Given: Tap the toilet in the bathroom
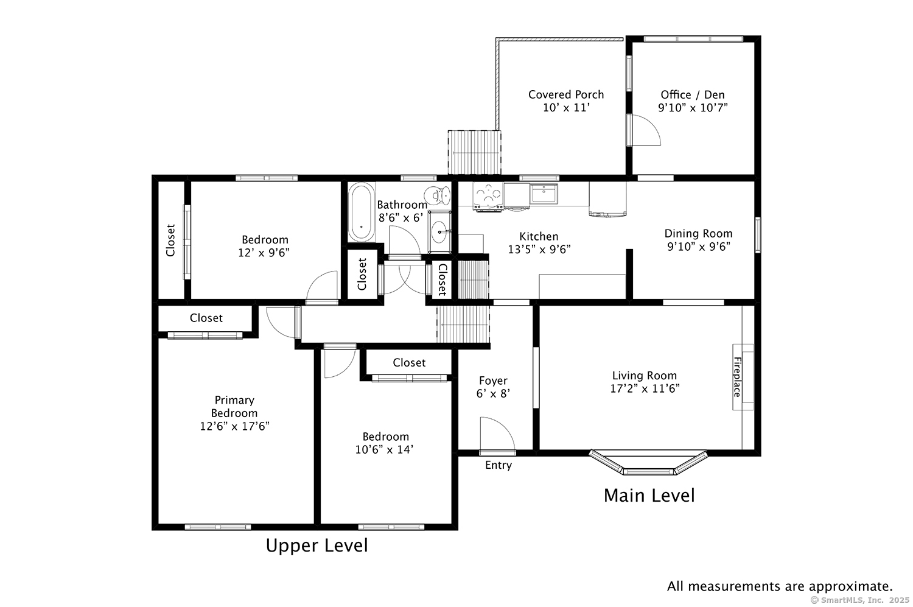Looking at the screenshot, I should pyautogui.click(x=438, y=195).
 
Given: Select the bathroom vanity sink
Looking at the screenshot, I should pyautogui.click(x=439, y=232).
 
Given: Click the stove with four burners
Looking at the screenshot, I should pyautogui.click(x=488, y=196).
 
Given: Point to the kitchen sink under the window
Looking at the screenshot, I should pyautogui.click(x=544, y=194).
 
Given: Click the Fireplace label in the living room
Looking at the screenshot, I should pyautogui.click(x=737, y=377).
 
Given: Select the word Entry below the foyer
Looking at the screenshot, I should pyautogui.click(x=498, y=466).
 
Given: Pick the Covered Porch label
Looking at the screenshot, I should pyautogui.click(x=566, y=94).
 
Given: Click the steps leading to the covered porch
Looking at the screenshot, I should pyautogui.click(x=474, y=152).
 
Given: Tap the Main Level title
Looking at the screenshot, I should pyautogui.click(x=649, y=496).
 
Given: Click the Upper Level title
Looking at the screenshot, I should pyautogui.click(x=317, y=546).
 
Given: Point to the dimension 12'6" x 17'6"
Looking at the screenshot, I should pyautogui.click(x=234, y=426).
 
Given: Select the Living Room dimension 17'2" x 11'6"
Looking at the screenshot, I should pyautogui.click(x=645, y=389).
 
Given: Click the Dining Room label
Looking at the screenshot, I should pyautogui.click(x=698, y=233).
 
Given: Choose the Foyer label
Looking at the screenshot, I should pyautogui.click(x=493, y=381).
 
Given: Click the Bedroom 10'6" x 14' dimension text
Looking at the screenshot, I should pyautogui.click(x=385, y=450).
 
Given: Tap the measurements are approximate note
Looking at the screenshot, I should pyautogui.click(x=780, y=586).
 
